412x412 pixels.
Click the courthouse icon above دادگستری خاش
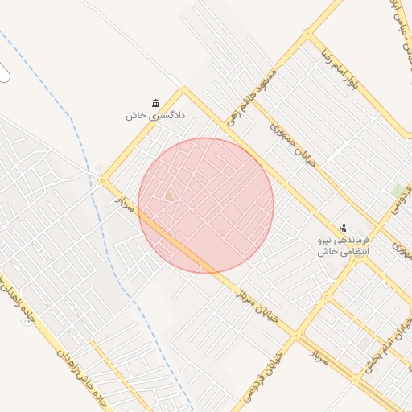[x=154, y=102]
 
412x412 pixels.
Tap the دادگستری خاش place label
[x=155, y=115]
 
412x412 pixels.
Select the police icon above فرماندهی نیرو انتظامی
[x=344, y=229]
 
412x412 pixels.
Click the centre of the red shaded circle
[x=206, y=205]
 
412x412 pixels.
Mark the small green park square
[x=398, y=190]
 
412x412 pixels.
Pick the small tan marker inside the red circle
[x=170, y=196]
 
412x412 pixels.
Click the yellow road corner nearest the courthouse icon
[x=183, y=88]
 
